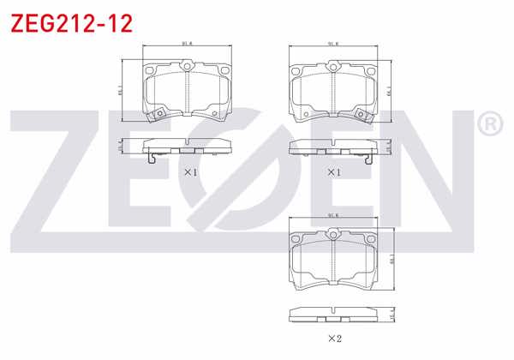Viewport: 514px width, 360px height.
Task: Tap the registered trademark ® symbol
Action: pos(488,125)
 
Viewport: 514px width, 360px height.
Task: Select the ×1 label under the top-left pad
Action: pos(190,171)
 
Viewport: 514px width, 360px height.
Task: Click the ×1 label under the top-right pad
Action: pos(334,171)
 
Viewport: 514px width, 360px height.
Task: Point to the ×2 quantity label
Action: pos(334,337)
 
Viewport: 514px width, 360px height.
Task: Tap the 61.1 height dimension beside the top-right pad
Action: pos(391,88)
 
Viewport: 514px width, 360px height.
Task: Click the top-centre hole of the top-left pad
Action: pos(187,66)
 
